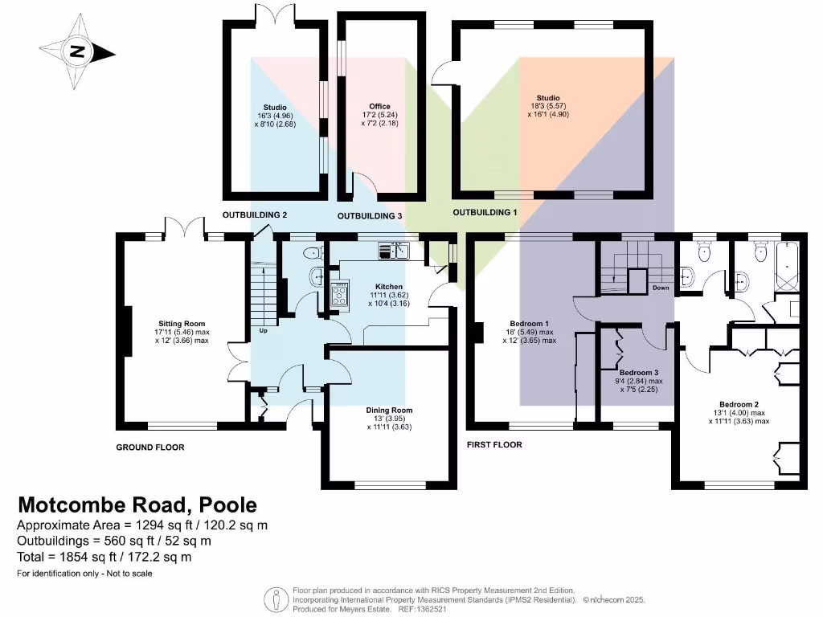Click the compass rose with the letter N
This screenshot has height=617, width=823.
tap(76, 53)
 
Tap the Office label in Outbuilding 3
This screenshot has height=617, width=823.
tap(379, 107)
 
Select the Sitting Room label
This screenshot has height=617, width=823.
tap(182, 324)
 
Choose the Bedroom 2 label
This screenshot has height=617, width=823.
tap(738, 405)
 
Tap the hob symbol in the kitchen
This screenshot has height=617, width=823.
tap(341, 294)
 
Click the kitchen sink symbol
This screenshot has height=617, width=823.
tap(394, 251)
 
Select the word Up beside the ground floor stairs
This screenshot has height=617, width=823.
tap(262, 330)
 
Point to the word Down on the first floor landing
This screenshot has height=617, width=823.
tap(660, 288)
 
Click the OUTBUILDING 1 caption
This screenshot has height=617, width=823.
tap(485, 213)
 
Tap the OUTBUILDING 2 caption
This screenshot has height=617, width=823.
tap(255, 215)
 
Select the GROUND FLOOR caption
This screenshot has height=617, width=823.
tap(150, 447)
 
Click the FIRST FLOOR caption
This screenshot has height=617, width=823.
tap(494, 444)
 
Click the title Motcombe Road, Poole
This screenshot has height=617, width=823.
tap(137, 505)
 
